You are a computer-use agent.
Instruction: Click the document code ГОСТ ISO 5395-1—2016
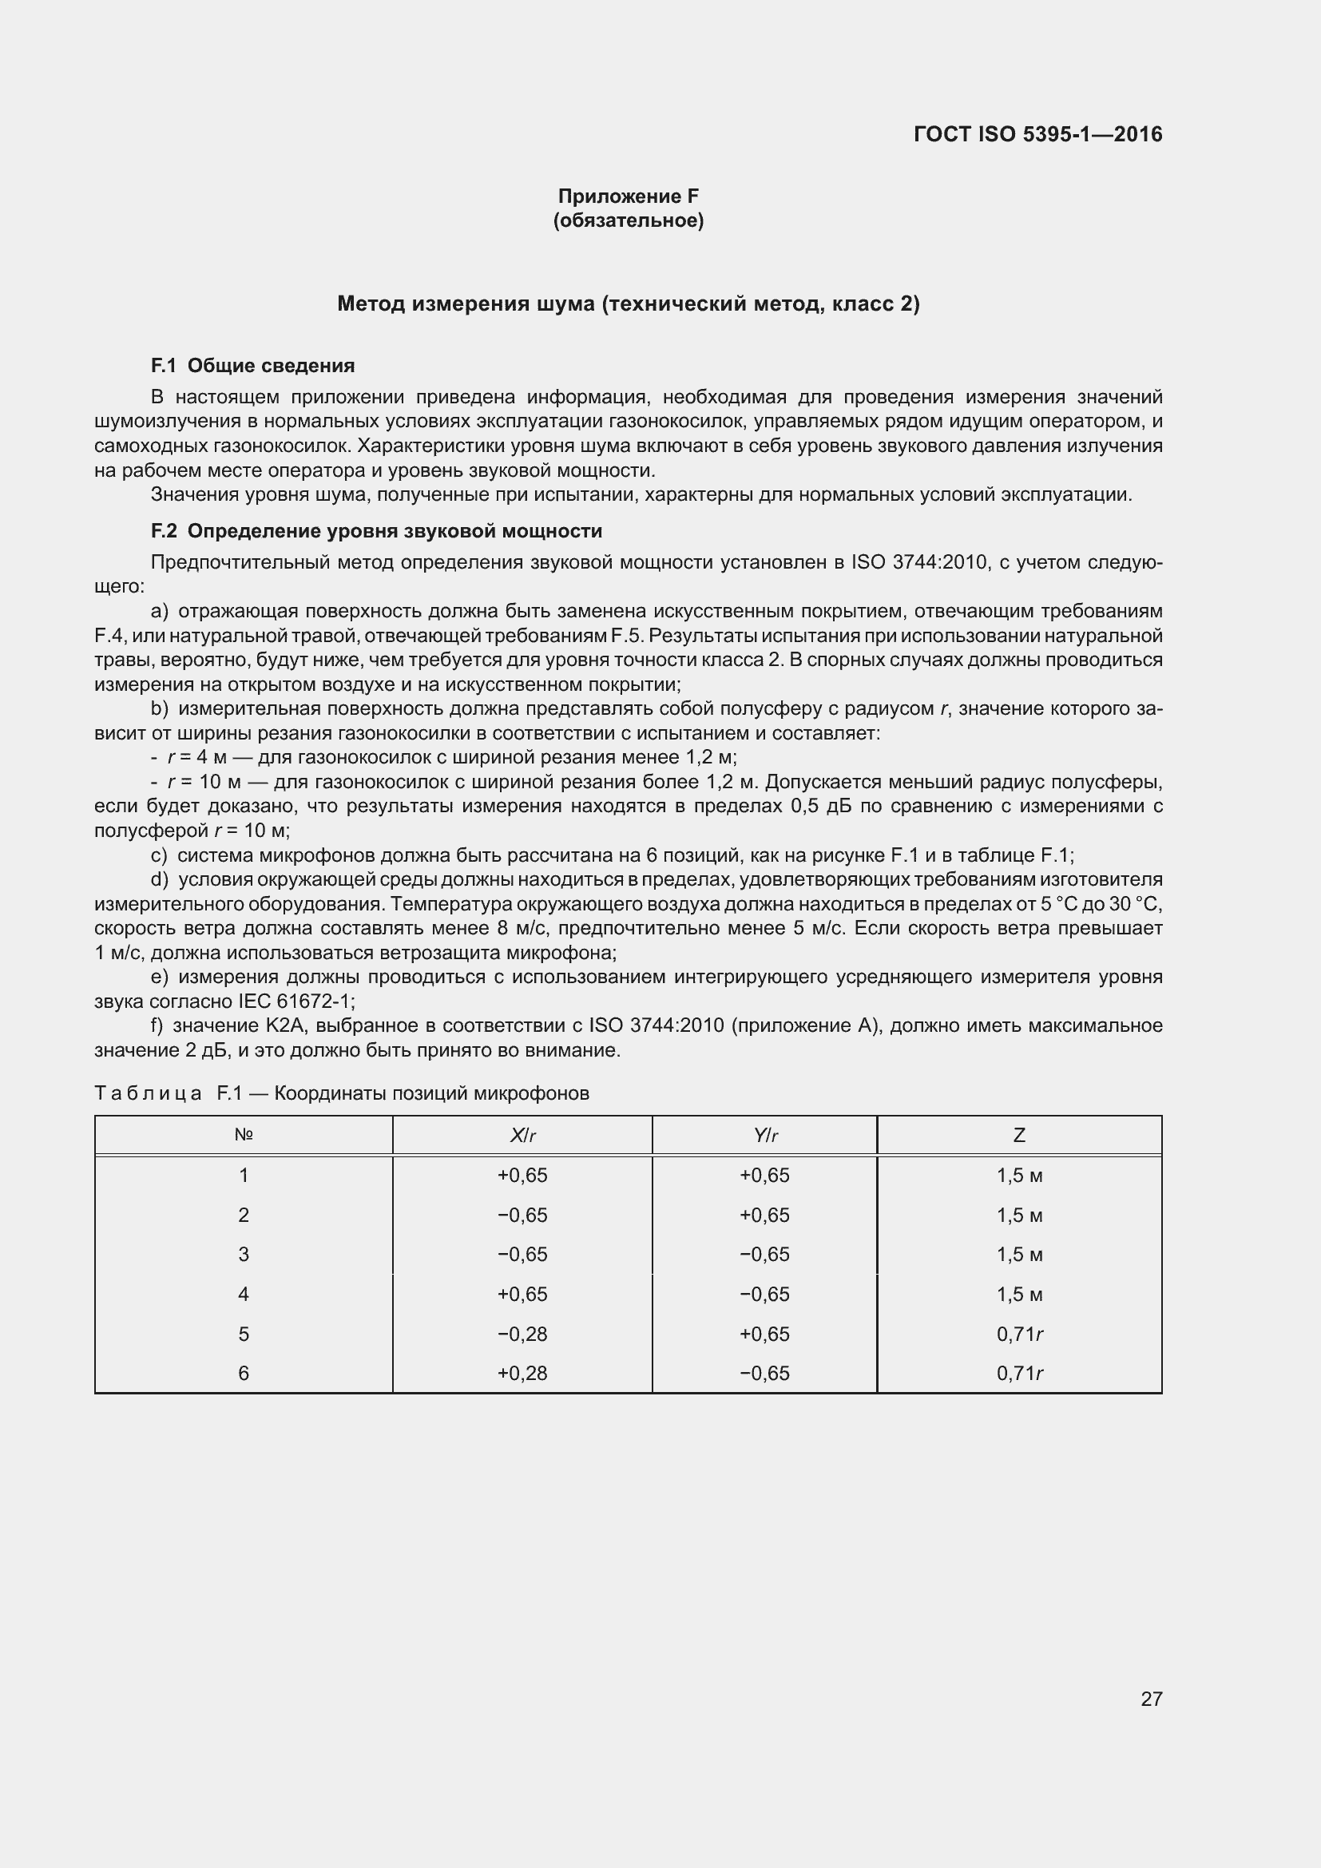1038,134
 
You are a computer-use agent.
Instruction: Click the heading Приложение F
628,196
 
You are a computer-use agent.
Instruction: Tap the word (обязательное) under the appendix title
628,220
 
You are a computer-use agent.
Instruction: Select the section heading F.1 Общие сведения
253,366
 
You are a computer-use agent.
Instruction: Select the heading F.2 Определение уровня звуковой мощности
377,531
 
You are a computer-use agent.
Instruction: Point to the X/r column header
522,1135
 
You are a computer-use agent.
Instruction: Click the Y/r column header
764,1135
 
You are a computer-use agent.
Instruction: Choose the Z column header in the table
1019,1135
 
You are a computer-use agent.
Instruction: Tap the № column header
244,1134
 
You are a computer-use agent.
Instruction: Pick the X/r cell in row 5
522,1335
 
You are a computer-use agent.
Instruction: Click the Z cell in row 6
1019,1374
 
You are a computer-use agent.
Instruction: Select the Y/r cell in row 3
764,1255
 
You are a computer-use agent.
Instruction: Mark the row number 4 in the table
244,1295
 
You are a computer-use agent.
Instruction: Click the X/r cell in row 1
522,1176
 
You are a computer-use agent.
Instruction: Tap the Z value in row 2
1019,1216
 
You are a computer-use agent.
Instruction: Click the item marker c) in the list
160,855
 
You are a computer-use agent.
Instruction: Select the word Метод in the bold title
371,304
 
